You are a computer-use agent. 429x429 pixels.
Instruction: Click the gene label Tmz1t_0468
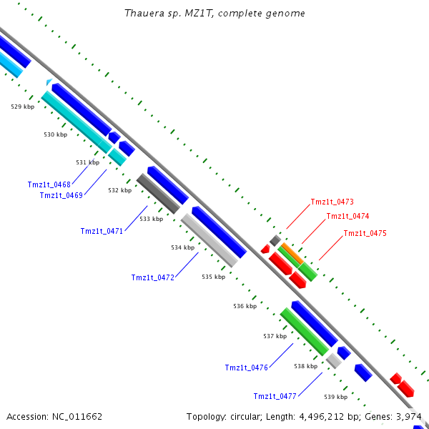(49, 184)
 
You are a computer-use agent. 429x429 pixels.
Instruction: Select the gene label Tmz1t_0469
(61, 195)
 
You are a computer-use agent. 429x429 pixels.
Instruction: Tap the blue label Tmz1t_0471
(102, 231)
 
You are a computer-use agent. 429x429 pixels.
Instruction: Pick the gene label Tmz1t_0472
(153, 277)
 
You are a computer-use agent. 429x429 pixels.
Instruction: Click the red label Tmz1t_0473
(332, 202)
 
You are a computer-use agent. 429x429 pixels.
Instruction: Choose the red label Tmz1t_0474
(348, 216)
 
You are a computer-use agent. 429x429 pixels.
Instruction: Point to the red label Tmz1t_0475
(365, 233)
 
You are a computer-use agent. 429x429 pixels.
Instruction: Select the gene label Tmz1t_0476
(247, 368)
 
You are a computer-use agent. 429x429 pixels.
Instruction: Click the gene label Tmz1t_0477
(275, 396)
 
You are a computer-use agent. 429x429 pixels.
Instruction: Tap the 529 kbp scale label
(22, 107)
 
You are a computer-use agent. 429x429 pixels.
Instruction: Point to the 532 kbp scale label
(120, 191)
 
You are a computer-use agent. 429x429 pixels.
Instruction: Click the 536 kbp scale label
(245, 306)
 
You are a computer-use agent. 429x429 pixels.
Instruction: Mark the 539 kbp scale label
(335, 397)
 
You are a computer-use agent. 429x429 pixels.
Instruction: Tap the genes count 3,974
(408, 416)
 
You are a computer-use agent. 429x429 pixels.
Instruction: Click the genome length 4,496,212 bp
(317, 416)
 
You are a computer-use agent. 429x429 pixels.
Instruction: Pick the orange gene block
(290, 252)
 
